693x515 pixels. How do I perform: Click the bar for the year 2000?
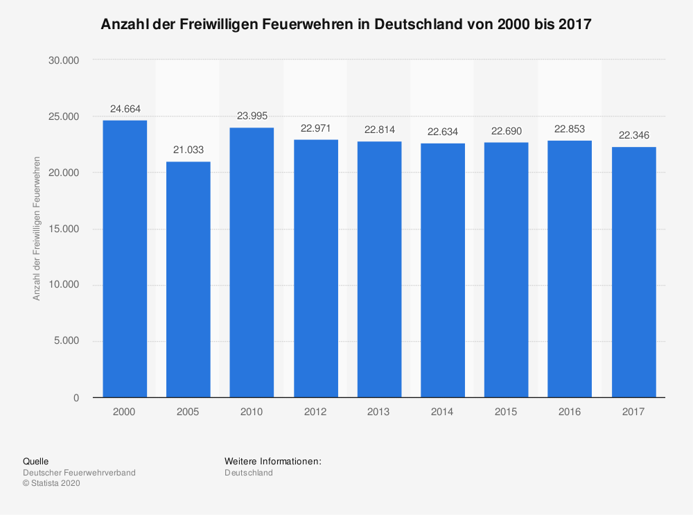tap(125, 259)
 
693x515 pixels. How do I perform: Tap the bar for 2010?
tap(252, 263)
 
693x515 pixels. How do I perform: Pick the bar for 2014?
tap(442, 270)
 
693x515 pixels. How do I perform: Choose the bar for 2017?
tap(633, 272)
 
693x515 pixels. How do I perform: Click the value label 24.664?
tap(125, 109)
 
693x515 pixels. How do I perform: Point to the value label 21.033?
tap(188, 150)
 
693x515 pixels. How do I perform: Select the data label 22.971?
tap(315, 128)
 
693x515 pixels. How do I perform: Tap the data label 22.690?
tap(506, 131)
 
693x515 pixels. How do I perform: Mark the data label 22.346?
tap(633, 135)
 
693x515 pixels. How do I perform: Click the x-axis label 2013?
tap(379, 412)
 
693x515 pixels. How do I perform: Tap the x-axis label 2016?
tap(570, 412)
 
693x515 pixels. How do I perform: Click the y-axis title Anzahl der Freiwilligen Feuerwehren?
tap(37, 229)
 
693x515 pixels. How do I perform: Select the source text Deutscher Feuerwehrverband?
tap(79, 473)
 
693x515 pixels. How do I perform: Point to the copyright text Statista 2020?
tap(55, 484)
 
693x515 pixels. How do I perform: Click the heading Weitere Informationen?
tap(272, 461)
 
